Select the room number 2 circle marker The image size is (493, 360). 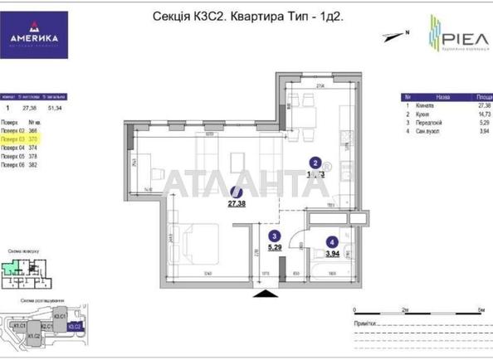pos(314,163)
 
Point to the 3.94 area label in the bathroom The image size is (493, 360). pos(333,253)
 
